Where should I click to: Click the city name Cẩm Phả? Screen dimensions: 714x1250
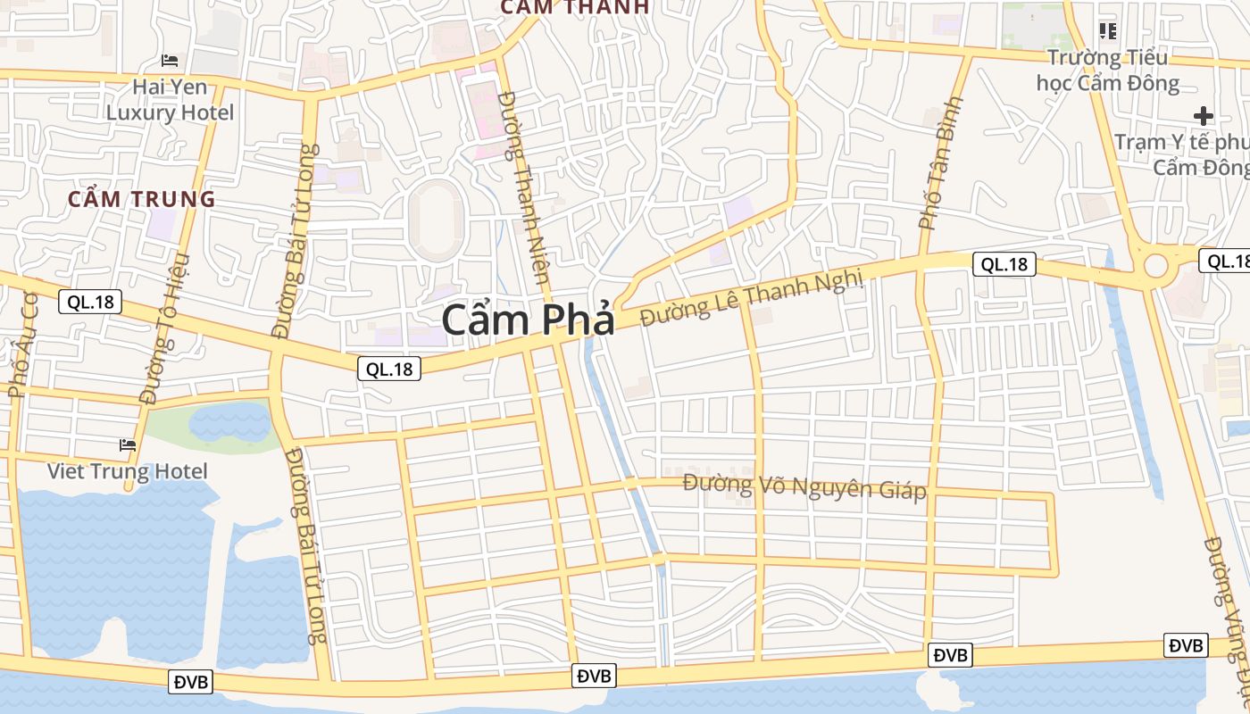(528, 320)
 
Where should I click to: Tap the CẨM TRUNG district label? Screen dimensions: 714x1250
(142, 199)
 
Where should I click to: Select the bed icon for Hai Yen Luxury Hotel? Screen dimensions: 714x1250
(170, 61)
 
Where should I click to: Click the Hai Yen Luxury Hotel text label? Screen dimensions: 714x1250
(170, 100)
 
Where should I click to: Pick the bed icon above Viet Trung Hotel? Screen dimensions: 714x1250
(128, 444)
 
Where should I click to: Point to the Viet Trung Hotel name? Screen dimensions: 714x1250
(128, 471)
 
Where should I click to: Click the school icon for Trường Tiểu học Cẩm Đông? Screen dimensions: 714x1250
(1108, 32)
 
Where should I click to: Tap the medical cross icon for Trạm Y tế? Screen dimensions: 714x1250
(1204, 116)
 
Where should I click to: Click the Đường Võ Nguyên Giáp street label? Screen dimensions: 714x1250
(804, 486)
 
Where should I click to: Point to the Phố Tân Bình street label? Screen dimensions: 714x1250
(941, 162)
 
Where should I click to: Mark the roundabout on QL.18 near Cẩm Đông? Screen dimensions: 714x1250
(1156, 265)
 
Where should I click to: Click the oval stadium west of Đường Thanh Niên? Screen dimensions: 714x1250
(436, 220)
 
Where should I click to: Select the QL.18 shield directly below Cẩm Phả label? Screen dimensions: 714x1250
(389, 369)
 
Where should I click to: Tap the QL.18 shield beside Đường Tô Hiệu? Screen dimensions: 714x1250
(90, 302)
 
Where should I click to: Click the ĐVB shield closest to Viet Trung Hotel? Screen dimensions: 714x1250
(190, 682)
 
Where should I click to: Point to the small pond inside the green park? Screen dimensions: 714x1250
(229, 421)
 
